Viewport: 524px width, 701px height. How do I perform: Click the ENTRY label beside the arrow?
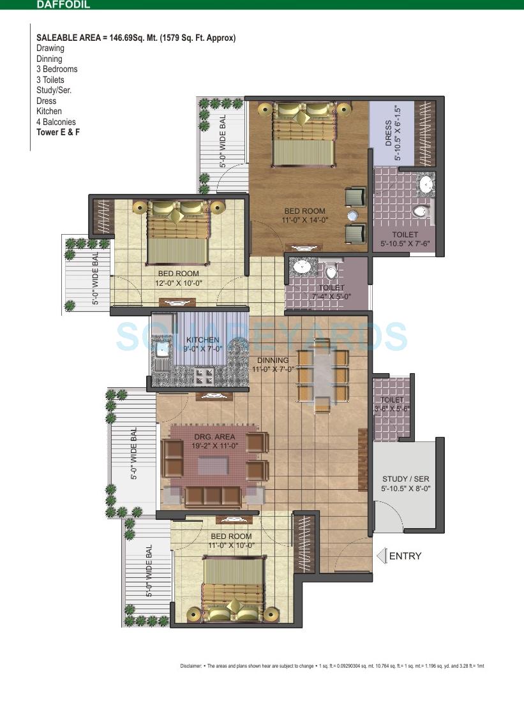coord(405,556)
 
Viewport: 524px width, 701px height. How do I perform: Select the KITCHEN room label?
coord(202,339)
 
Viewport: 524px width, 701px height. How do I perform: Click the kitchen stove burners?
coord(204,375)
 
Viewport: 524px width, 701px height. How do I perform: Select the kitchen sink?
coord(163,349)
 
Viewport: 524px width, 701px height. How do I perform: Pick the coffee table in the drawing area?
coord(213,466)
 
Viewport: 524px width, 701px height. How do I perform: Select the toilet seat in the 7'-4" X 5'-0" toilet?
coord(331,272)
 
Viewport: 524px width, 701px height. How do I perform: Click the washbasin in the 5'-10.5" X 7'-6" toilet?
coord(426,184)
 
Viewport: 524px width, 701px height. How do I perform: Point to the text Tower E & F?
coord(58,132)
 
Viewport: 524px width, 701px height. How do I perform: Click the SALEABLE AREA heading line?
coord(136,38)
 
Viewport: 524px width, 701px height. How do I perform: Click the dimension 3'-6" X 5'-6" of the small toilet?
coord(391,408)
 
